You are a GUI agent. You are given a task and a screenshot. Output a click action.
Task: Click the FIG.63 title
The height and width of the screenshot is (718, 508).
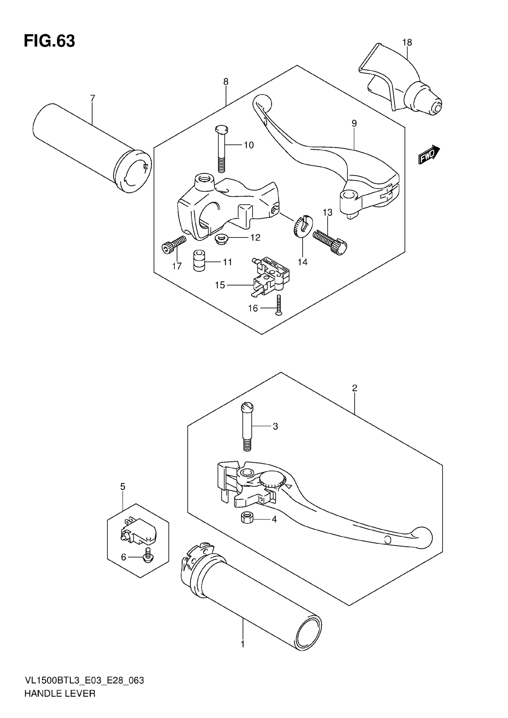49,41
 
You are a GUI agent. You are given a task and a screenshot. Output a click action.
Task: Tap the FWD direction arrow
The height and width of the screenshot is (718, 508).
429,154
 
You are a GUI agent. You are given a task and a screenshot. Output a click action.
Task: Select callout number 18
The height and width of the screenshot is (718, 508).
407,42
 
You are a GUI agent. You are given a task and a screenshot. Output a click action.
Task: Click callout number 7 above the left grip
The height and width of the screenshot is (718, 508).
92,99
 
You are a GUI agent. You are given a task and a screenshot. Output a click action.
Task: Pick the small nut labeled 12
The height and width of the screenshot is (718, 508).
221,240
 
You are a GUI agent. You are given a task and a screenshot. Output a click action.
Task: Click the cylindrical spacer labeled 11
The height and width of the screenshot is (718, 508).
199,260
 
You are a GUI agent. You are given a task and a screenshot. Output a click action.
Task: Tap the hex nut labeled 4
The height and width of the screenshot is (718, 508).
247,519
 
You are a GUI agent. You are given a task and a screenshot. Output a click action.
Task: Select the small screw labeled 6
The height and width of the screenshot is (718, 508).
147,558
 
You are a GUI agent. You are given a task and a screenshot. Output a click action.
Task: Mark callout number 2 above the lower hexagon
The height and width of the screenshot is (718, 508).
354,388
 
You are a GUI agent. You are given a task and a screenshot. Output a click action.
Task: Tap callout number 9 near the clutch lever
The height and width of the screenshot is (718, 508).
354,124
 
